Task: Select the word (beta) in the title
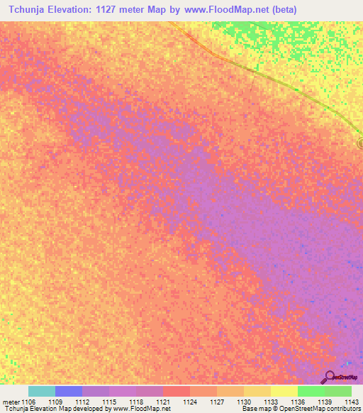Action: [x=281, y=10]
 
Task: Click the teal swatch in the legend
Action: [x=42, y=391]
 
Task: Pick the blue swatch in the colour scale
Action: [x=69, y=391]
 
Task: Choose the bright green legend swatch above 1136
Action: [x=311, y=391]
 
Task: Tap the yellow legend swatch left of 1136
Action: [x=284, y=391]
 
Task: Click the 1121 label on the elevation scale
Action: [x=162, y=402]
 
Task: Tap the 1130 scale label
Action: [x=243, y=402]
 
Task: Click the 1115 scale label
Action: [x=108, y=402]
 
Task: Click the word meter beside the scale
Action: [x=11, y=402]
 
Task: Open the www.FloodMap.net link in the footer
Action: [x=142, y=409]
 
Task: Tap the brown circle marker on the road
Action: [x=360, y=144]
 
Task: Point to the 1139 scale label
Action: [x=324, y=402]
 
